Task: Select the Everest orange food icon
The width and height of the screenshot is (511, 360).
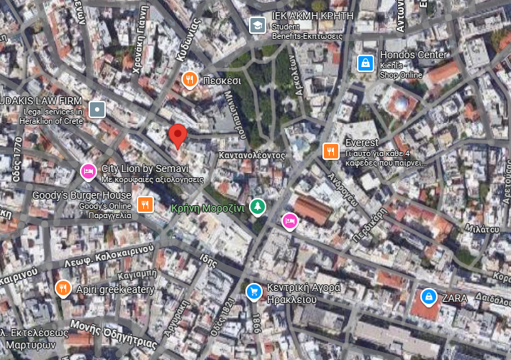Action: [x=330, y=150]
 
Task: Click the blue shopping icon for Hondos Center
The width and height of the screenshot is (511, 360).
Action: [x=366, y=63]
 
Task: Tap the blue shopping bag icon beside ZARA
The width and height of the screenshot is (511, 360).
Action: [x=428, y=296]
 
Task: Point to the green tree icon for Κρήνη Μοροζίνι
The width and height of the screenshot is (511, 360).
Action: [x=258, y=207]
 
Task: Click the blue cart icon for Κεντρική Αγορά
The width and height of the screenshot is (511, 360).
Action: [x=253, y=292]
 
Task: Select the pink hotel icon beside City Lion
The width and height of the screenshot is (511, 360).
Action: [x=88, y=171]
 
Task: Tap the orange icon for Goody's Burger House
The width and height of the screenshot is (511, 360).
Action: [x=145, y=204]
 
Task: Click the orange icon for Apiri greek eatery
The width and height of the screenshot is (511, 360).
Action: [x=63, y=289]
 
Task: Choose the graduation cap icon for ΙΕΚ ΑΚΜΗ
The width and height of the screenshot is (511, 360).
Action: [x=256, y=26]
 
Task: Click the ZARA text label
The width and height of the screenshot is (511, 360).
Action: [x=455, y=297]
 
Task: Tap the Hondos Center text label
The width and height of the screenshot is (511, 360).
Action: [x=414, y=55]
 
